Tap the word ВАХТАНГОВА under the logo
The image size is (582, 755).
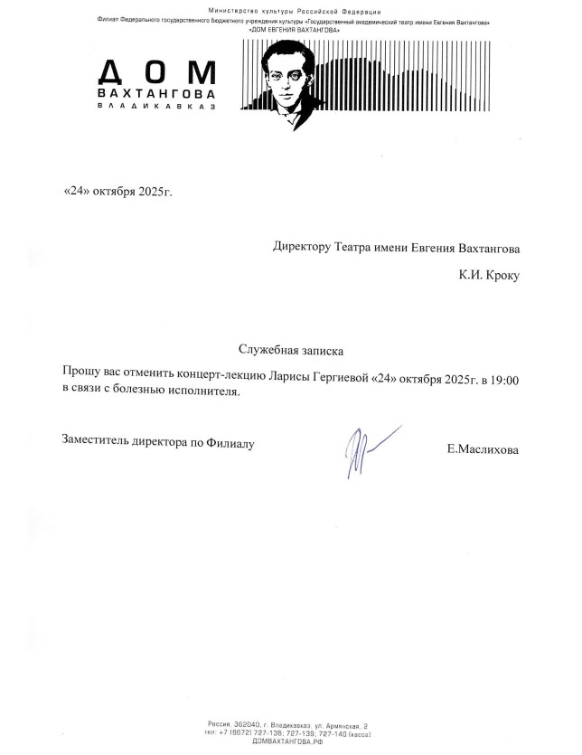(x=155, y=93)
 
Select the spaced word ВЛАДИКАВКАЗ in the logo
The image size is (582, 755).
(x=155, y=107)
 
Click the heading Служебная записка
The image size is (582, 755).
(x=291, y=349)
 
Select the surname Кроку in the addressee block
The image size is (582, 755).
(x=502, y=275)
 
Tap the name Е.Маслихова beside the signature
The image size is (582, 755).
(x=483, y=448)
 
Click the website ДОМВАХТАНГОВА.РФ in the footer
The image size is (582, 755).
(x=290, y=741)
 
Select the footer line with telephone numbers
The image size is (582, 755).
(x=290, y=732)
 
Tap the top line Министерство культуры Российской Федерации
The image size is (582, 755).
(x=290, y=10)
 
